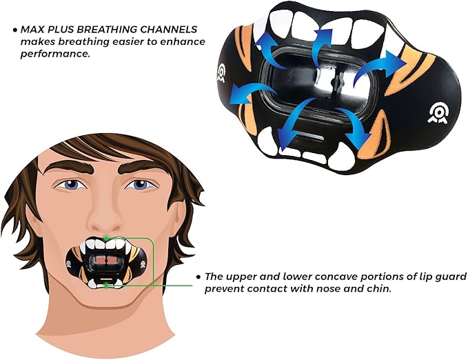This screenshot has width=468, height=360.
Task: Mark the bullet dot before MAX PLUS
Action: [14, 30]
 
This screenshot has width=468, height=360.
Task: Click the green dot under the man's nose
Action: [105, 239]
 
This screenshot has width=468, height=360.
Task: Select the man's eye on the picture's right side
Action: [141, 184]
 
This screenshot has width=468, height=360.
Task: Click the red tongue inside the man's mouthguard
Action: [104, 259]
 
